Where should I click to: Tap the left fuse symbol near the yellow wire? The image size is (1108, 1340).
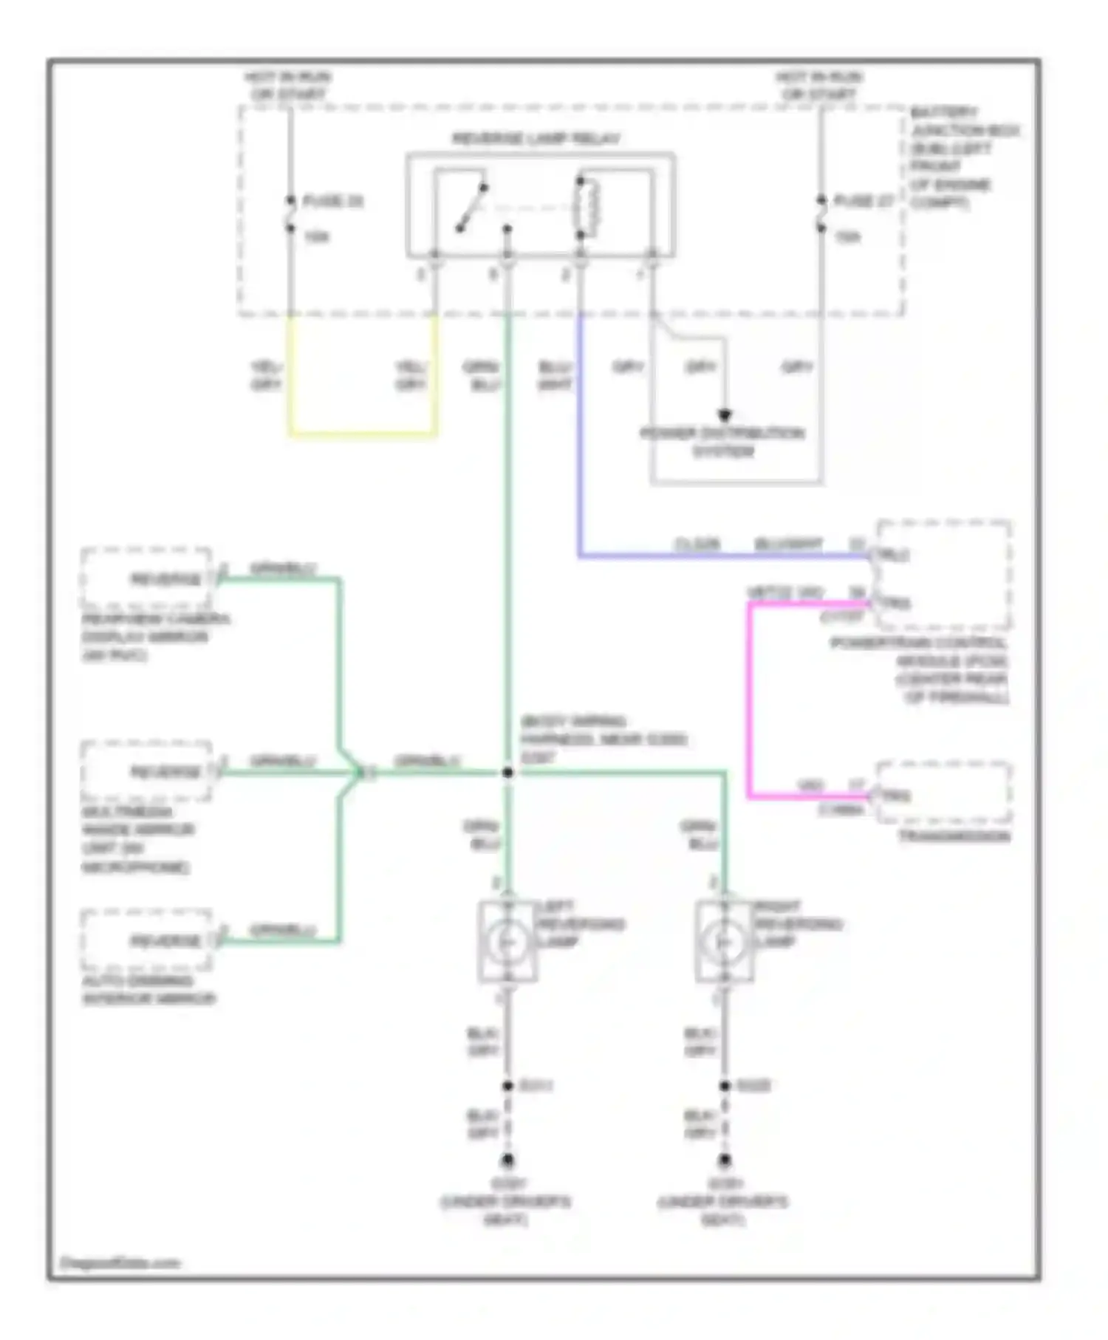tap(290, 214)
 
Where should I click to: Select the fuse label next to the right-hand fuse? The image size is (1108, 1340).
tap(864, 201)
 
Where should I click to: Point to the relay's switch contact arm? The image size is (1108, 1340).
tap(471, 208)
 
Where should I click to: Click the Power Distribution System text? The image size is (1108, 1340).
tap(722, 442)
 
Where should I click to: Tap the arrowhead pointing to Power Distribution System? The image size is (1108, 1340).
tap(725, 416)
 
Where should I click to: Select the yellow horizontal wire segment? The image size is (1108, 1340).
tap(362, 434)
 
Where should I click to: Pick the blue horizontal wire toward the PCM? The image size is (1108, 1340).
tap(724, 555)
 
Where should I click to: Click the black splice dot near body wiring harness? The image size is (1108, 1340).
tap(507, 773)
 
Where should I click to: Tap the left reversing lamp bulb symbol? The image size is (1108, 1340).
tap(507, 942)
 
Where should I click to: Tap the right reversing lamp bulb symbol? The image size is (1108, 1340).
tap(724, 942)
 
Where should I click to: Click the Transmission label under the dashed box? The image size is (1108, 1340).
tap(953, 837)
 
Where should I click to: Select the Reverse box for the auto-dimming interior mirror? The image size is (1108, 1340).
tap(147, 941)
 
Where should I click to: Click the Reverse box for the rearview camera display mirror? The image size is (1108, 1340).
tap(147, 578)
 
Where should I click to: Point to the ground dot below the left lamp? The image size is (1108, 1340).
tap(507, 1160)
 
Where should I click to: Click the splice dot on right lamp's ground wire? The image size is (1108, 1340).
tap(725, 1086)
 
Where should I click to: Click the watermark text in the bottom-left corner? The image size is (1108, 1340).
tap(120, 1263)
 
